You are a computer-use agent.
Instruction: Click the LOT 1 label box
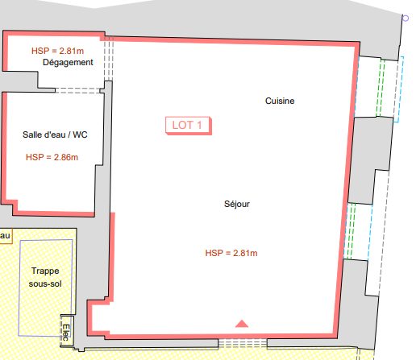click(189, 126)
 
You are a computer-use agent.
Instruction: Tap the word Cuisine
click(280, 101)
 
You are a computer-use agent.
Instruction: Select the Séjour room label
click(237, 204)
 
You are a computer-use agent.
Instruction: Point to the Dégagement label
click(68, 63)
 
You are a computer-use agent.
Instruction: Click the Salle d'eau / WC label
click(55, 134)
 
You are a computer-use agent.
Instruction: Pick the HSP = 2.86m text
click(52, 157)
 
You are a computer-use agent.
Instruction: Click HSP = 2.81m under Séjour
click(231, 253)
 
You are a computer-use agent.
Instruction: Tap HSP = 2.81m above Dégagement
click(57, 51)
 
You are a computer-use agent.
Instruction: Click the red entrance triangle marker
click(242, 324)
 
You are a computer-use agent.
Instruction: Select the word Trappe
click(45, 271)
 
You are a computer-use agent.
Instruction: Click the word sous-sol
click(45, 283)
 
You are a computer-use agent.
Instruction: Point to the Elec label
click(66, 333)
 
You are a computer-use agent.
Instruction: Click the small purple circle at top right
click(406, 19)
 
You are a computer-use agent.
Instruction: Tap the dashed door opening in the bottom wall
click(243, 343)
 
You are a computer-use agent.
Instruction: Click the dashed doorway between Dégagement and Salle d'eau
click(77, 90)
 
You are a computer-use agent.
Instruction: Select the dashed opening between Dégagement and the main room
click(108, 59)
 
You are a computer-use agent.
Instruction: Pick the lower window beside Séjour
click(358, 231)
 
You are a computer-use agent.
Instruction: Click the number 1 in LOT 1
click(199, 125)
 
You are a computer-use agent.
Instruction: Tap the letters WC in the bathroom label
click(80, 134)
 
